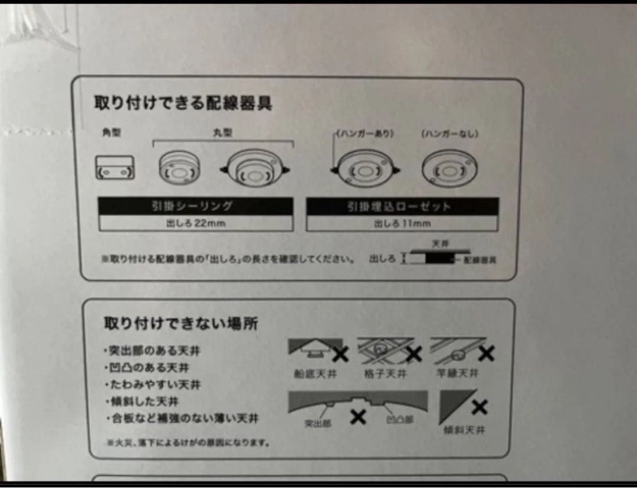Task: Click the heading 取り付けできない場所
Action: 180,324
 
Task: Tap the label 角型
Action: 111,133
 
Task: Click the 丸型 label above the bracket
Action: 222,133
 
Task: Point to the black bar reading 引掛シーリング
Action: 195,206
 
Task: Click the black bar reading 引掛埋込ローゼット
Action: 402,206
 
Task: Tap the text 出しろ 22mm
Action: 195,223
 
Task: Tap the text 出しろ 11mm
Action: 402,223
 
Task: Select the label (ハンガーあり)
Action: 365,134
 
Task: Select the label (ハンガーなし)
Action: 449,134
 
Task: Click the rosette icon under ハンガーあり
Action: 366,170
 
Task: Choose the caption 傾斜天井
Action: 464,430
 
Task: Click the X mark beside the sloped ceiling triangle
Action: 480,407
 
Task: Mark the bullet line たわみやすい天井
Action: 152,385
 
